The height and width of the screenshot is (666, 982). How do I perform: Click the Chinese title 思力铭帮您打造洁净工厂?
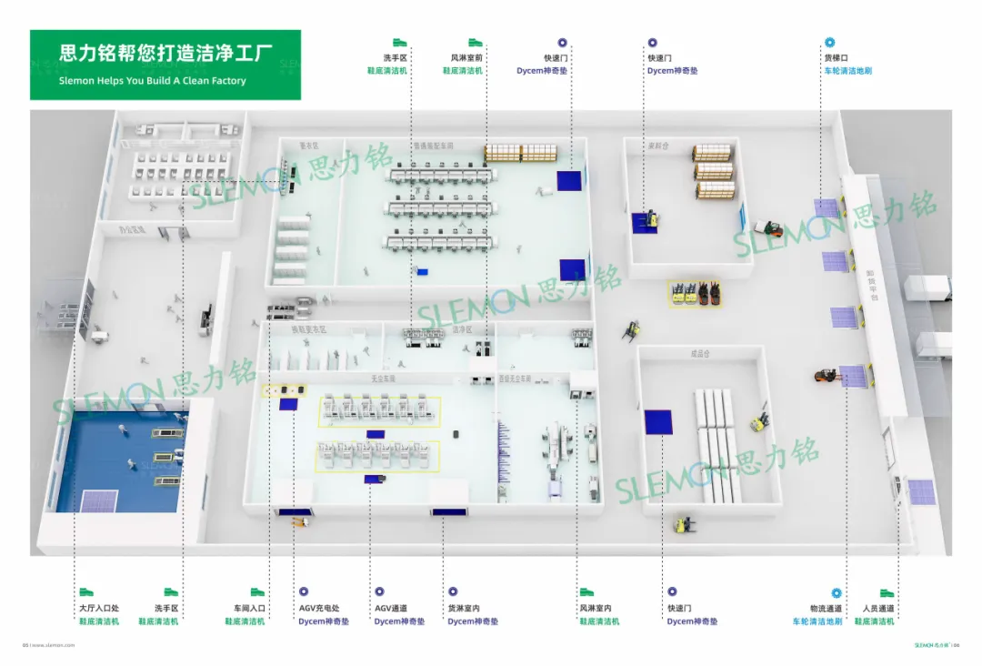pos(166,54)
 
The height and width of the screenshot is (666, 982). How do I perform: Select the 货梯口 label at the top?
pos(836,58)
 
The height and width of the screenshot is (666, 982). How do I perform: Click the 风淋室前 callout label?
pos(466,58)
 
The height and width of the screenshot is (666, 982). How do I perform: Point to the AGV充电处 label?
pos(319,609)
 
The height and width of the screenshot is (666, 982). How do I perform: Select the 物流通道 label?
pos(826,609)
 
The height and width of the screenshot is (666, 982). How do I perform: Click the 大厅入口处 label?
pos(99,609)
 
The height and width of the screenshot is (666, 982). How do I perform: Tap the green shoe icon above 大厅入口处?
pos(86,592)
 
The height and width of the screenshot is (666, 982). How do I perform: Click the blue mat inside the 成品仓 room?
pos(658,422)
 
